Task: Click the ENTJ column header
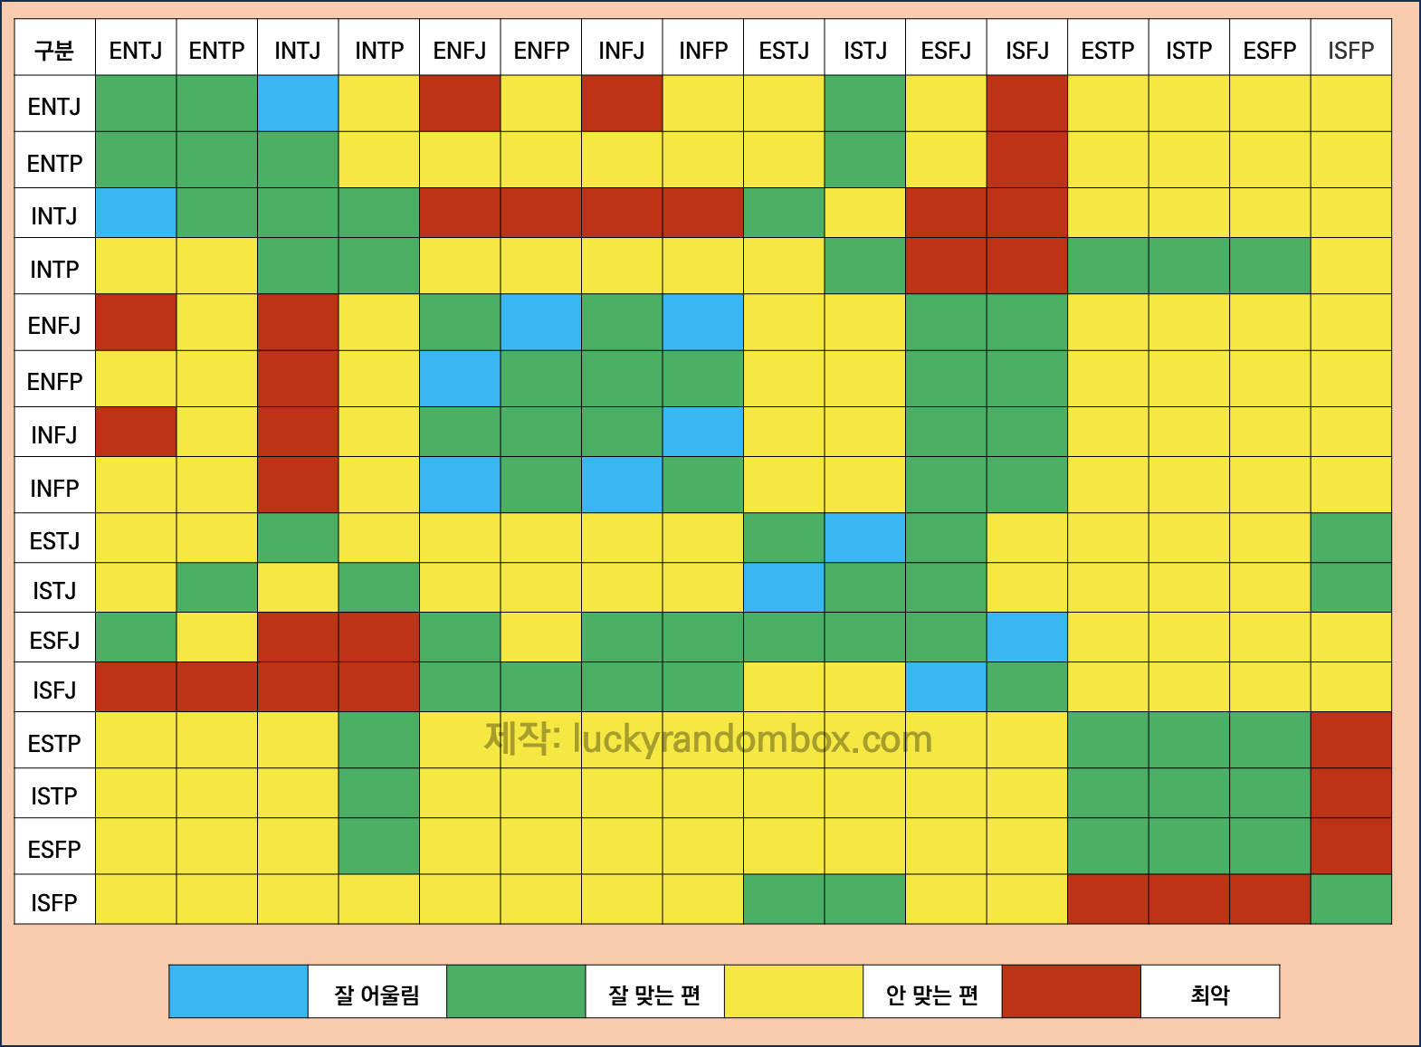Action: click(x=136, y=51)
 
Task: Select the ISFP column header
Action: click(x=1350, y=51)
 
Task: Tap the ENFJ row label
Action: click(x=54, y=325)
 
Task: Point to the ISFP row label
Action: click(x=54, y=902)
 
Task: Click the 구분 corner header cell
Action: click(x=54, y=51)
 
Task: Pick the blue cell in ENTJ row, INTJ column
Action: click(x=298, y=104)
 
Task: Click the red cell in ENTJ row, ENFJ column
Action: click(x=460, y=104)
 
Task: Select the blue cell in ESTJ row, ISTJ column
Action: click(x=864, y=538)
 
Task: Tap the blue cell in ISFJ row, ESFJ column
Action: click(x=946, y=687)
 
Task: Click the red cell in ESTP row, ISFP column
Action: click(x=1350, y=740)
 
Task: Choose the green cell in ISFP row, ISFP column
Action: click(x=1350, y=899)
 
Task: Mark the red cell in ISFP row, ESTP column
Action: click(x=1108, y=899)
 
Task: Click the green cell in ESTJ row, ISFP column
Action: click(x=1350, y=538)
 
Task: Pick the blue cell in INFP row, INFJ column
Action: click(x=622, y=485)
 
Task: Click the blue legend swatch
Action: click(x=239, y=992)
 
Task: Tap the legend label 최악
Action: click(x=1210, y=995)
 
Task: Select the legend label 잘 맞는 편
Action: click(x=654, y=995)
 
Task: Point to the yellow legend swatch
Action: click(x=794, y=992)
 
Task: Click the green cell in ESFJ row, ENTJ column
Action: click(x=136, y=637)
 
